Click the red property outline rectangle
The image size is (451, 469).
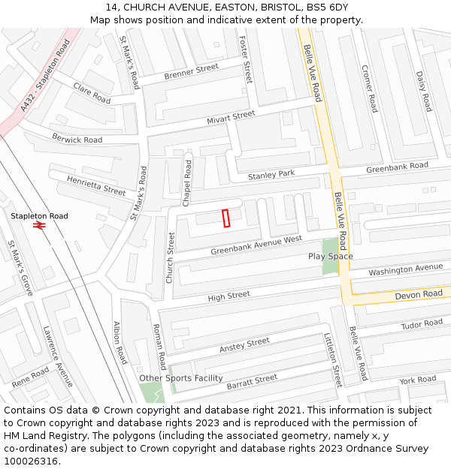(225, 218)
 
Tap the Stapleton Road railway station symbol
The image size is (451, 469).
(40, 224)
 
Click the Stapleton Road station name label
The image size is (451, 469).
(39, 216)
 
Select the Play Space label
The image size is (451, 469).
(330, 257)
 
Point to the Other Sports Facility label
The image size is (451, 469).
(181, 378)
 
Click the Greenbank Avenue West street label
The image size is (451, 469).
(256, 245)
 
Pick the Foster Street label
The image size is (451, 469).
(244, 59)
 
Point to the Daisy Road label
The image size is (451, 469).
(423, 91)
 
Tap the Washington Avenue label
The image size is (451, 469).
(406, 269)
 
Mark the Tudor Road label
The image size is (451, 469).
(422, 324)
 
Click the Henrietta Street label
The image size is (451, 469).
(96, 186)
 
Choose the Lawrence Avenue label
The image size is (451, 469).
(58, 356)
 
